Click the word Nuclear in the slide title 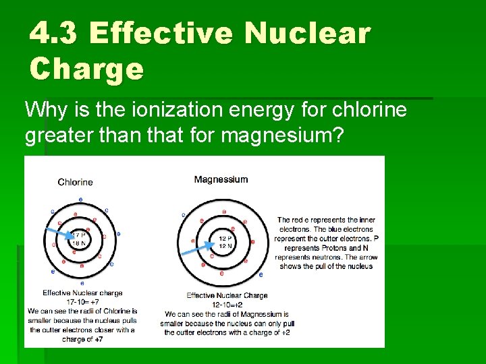point(307,32)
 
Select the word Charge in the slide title point(86,68)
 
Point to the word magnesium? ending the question point(283,136)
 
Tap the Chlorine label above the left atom point(75,182)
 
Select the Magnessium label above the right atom point(221,179)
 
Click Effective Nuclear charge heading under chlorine point(82,293)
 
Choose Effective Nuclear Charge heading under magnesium point(227,295)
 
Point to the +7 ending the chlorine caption point(99,339)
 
